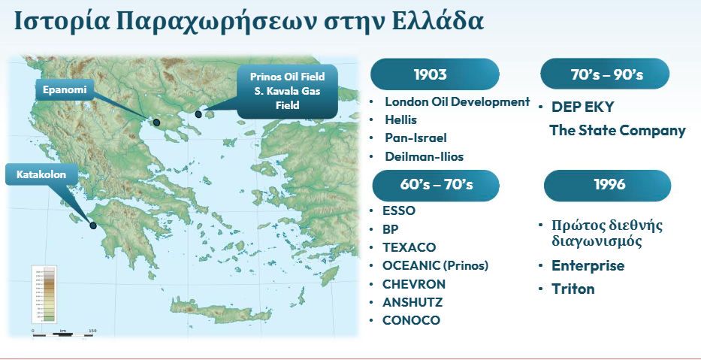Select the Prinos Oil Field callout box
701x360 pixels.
286,91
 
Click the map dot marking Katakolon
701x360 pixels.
93,225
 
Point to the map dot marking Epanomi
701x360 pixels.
156,122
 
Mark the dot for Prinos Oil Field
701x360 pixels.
198,114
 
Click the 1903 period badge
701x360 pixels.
435,74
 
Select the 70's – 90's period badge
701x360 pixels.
606,74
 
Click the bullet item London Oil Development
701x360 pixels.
457,101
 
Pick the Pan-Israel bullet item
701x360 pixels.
415,138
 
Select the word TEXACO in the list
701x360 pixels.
409,247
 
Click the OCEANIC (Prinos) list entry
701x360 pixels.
436,265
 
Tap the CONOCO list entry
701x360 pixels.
411,320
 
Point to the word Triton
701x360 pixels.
573,289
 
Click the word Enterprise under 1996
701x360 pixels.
588,265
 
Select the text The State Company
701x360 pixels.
618,130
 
